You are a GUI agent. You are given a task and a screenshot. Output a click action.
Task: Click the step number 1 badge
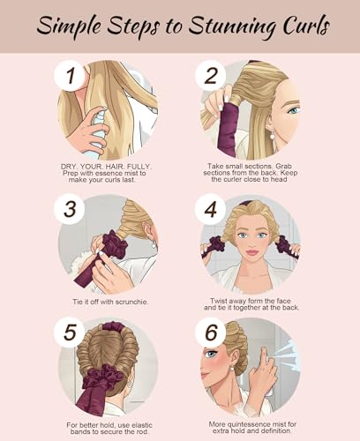(x=70, y=76)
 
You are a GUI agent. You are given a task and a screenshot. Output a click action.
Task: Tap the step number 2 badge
(x=211, y=76)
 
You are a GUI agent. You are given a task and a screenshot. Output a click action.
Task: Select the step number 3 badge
(x=70, y=209)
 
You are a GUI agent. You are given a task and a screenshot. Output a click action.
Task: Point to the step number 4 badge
(x=211, y=209)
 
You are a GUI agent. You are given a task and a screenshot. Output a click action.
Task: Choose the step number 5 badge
(x=70, y=333)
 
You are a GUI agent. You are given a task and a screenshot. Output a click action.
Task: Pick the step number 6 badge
(x=211, y=333)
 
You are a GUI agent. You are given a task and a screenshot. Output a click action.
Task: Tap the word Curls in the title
(x=306, y=26)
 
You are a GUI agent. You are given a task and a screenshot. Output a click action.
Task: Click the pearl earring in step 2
(x=272, y=135)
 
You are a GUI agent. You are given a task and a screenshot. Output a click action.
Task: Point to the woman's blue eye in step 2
(x=294, y=111)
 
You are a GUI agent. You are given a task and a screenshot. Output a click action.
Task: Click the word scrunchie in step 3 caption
(x=131, y=302)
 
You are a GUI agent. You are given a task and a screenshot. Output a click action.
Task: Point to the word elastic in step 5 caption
(x=142, y=425)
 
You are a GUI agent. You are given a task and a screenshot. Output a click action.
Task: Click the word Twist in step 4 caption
(x=219, y=301)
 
